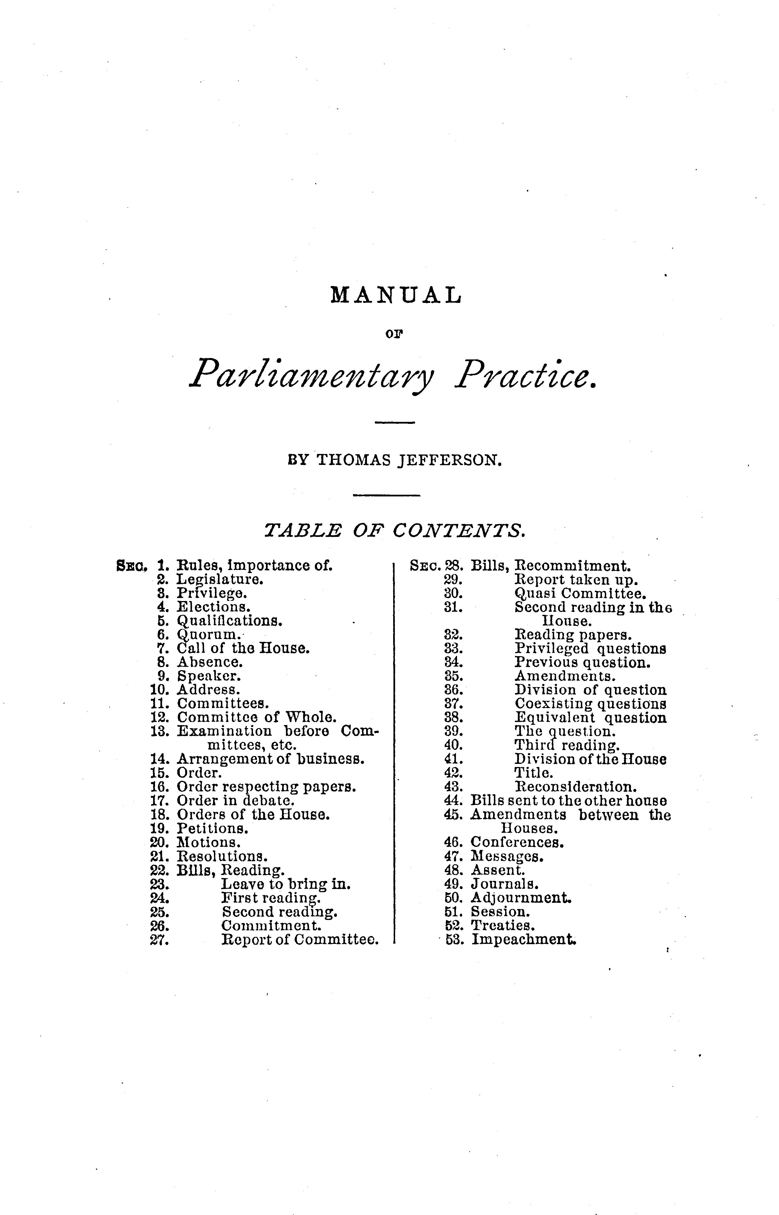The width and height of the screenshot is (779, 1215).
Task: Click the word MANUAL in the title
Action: [396, 295]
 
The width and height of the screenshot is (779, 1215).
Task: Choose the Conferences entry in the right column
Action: [517, 843]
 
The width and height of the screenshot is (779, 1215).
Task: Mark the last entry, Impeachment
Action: [523, 940]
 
